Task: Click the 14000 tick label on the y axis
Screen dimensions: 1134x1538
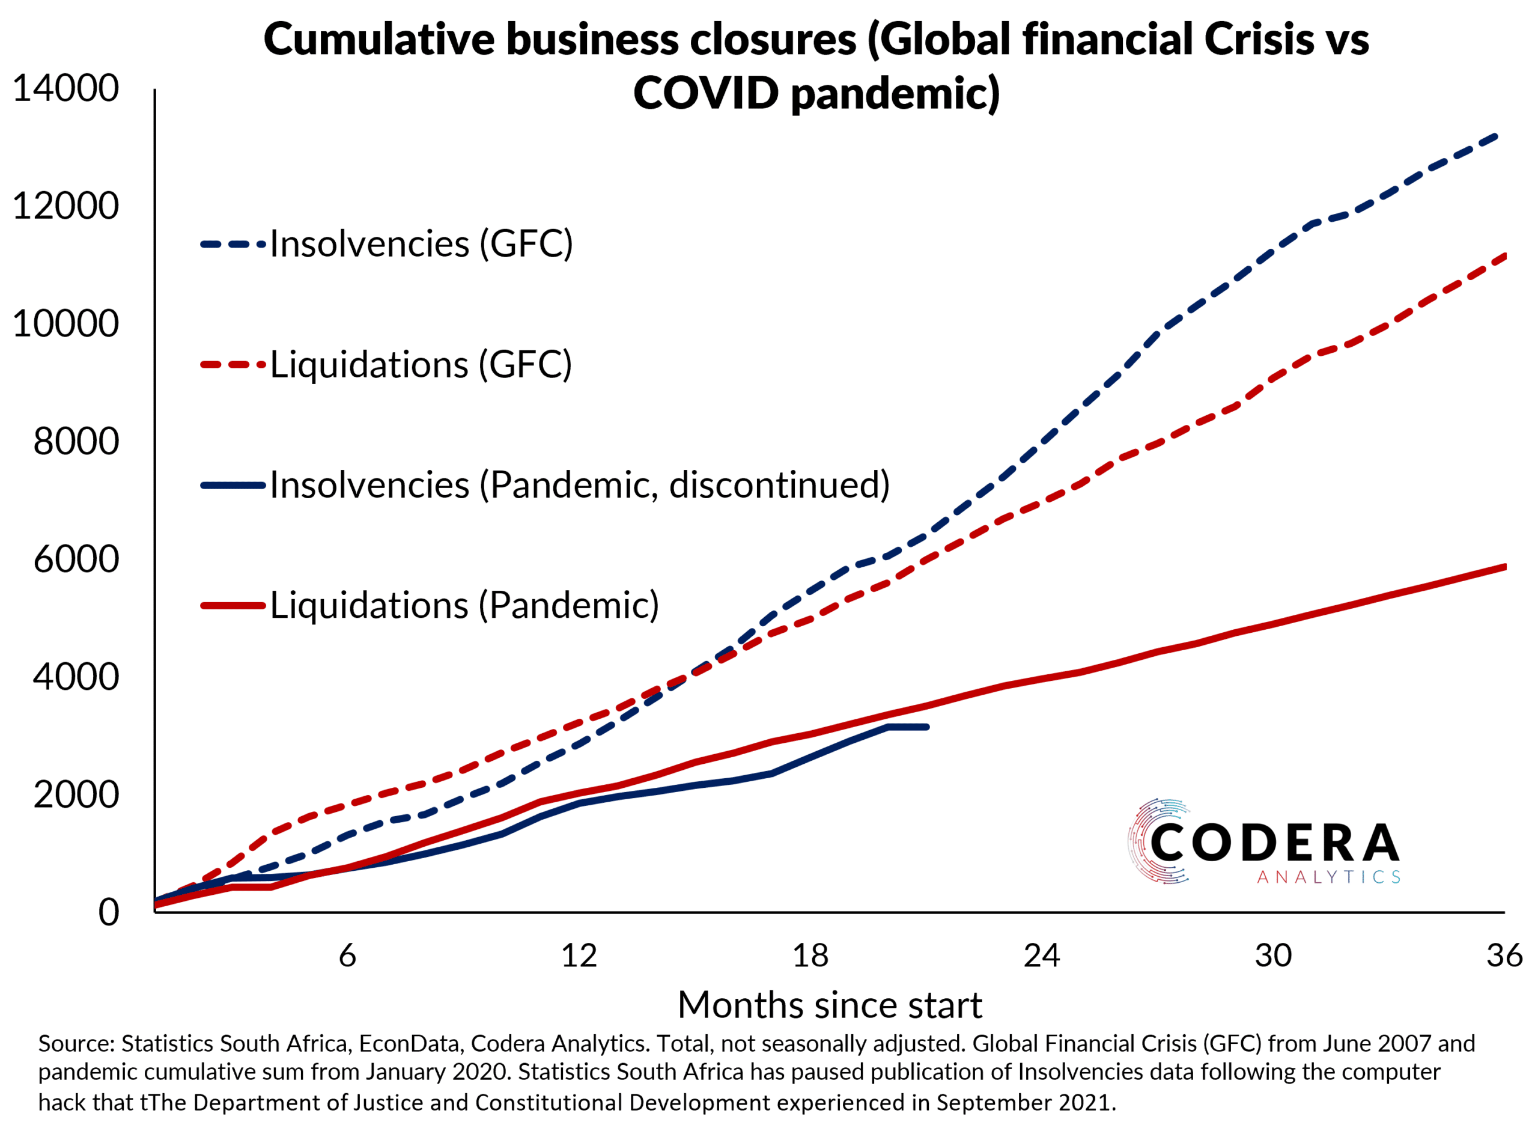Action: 66,88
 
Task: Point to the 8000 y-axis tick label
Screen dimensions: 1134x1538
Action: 76,440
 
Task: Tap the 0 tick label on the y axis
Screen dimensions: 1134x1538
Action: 108,912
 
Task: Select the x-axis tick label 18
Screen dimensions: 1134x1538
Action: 810,956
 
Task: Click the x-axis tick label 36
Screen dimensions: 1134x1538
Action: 1504,956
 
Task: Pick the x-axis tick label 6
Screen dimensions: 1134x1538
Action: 347,956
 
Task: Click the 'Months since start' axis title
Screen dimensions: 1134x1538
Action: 829,1005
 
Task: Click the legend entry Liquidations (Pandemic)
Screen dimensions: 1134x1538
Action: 464,605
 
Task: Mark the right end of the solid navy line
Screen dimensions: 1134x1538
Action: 927,727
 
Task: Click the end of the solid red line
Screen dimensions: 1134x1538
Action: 1504,567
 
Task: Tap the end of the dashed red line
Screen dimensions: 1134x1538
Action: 1504,256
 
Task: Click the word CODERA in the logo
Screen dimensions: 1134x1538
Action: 1274,843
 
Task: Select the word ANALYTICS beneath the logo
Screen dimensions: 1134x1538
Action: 1328,877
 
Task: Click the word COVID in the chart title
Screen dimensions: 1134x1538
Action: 705,93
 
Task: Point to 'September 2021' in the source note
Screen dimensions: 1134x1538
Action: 1026,1102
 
